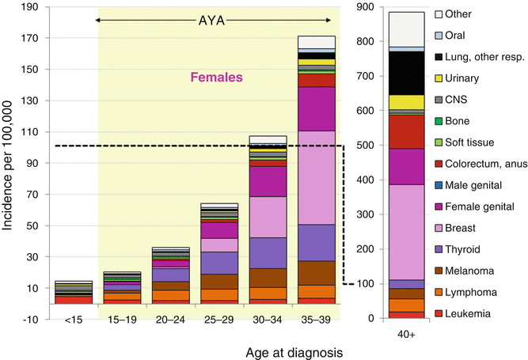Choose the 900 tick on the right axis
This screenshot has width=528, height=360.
tap(365, 7)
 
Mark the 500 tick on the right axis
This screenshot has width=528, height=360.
tap(365, 146)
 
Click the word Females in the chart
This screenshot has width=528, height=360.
tap(216, 78)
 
